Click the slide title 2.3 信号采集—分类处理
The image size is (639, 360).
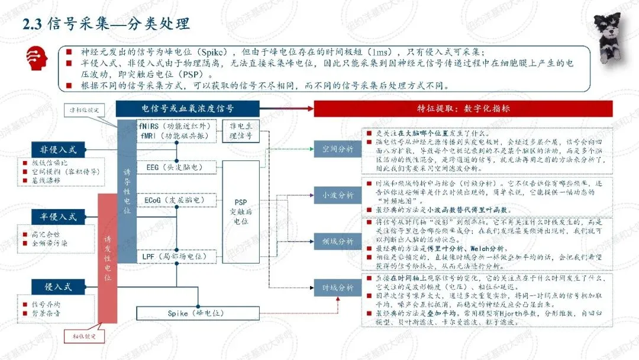(106, 24)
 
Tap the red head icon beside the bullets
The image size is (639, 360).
(37, 59)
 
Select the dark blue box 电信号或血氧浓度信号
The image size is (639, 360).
(188, 109)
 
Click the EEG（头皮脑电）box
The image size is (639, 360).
(175, 168)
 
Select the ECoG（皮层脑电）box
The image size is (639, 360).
(175, 201)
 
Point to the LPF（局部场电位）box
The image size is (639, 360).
(175, 256)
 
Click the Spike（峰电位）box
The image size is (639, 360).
(186, 313)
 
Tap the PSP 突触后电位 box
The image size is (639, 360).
(241, 212)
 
